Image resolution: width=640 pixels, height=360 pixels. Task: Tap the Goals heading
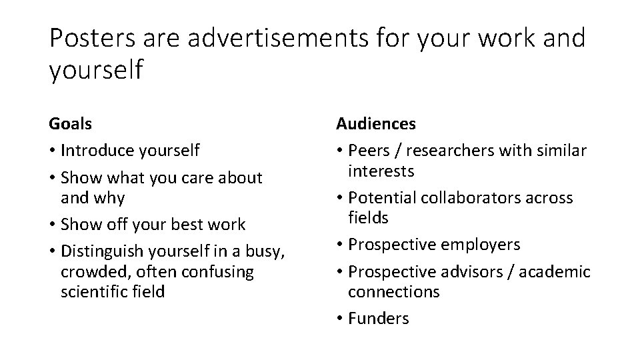(x=71, y=124)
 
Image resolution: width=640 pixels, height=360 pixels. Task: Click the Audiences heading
(x=376, y=124)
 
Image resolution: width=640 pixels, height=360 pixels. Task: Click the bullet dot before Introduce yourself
(x=53, y=151)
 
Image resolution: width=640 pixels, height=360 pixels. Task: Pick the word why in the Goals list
(x=110, y=198)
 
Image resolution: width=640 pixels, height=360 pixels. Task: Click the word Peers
(x=368, y=151)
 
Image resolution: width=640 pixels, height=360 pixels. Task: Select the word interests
(x=381, y=171)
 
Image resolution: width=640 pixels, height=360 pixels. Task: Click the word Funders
(x=379, y=319)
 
